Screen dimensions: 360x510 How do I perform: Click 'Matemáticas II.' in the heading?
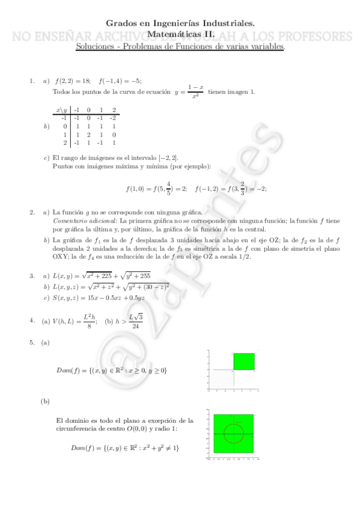[x=180, y=35]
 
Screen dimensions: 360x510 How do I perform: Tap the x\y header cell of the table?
[x=61, y=110]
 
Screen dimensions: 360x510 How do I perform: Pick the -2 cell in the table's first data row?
[x=114, y=118]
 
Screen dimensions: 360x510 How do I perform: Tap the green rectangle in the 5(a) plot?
[x=245, y=361]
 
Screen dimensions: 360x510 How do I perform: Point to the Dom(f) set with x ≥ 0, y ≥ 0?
[x=112, y=370]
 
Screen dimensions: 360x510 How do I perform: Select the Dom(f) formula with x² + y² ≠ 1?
[x=125, y=448]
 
